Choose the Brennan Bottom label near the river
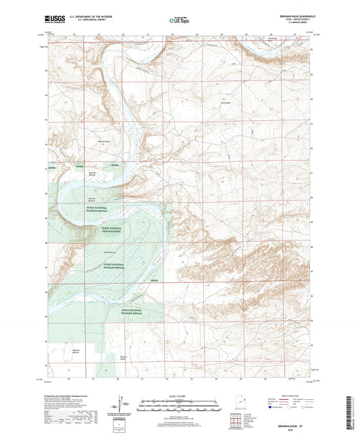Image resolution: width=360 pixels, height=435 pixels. coord(93,174)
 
